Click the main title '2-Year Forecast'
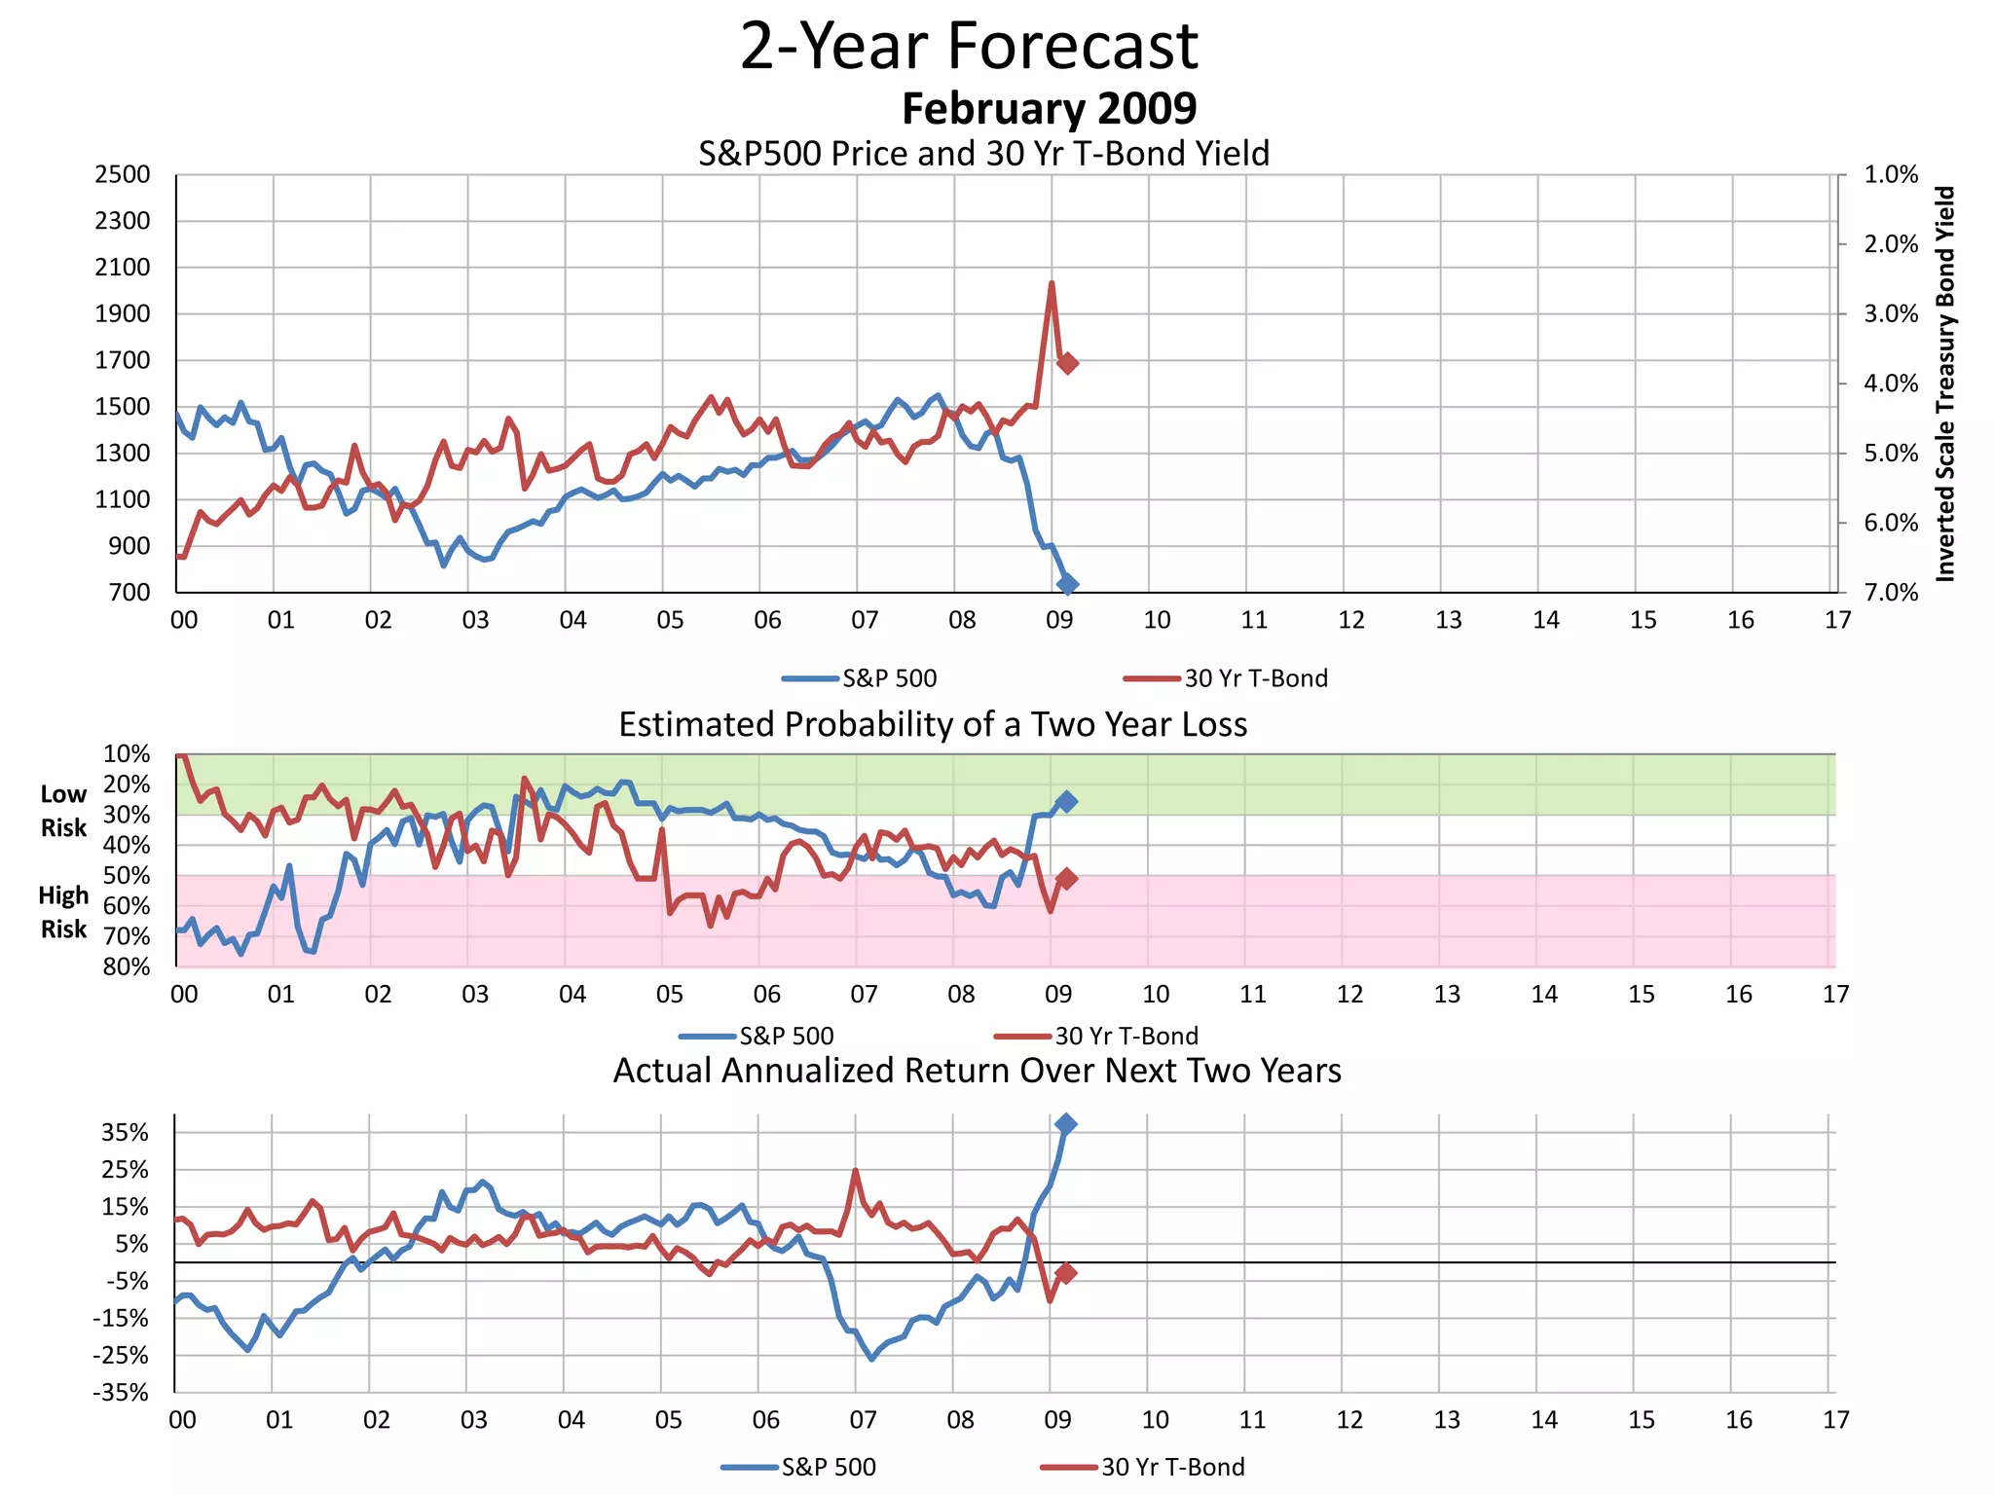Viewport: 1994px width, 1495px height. point(969,46)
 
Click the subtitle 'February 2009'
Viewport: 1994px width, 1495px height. point(1049,108)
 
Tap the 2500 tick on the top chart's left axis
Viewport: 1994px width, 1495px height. point(123,175)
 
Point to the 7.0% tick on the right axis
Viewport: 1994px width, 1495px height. point(1891,593)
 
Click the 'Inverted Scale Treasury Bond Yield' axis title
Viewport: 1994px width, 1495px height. point(1945,384)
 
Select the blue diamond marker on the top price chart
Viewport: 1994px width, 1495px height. point(1067,584)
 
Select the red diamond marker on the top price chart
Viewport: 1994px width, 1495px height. point(1067,363)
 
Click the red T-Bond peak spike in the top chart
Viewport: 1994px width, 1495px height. point(1052,285)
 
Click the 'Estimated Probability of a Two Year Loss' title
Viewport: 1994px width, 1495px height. point(933,725)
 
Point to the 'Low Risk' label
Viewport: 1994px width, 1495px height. point(63,811)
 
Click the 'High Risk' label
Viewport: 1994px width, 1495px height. point(63,912)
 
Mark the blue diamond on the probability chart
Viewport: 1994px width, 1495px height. point(1067,801)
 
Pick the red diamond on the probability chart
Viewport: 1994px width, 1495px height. point(1067,879)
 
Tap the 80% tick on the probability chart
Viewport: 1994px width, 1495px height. point(127,966)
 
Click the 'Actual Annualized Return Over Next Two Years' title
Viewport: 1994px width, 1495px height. point(977,1071)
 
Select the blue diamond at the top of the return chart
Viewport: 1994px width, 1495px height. point(1065,1124)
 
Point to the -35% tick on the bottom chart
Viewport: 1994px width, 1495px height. point(121,1393)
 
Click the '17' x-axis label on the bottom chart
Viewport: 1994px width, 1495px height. point(1835,1420)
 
